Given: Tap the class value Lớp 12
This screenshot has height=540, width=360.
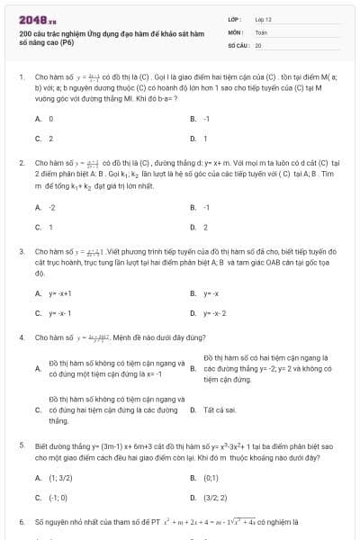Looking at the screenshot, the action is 263,18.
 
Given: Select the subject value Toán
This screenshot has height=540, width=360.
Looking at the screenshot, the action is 261,31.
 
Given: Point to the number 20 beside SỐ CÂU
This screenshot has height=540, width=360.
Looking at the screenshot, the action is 258,44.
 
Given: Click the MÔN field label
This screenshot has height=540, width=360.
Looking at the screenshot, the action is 234,31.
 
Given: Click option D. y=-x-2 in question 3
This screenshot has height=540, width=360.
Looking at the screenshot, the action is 213,313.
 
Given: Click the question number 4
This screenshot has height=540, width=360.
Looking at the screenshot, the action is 21,337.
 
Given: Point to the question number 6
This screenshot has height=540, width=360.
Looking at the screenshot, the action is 21,521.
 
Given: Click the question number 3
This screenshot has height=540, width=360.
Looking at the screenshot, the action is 21,252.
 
